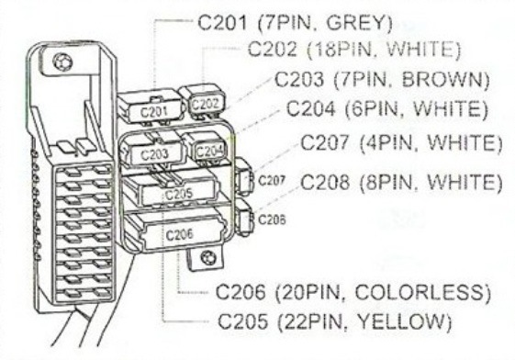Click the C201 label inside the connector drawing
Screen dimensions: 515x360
click(153, 112)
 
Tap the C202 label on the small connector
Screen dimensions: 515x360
click(206, 104)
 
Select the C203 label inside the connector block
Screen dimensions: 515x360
click(154, 153)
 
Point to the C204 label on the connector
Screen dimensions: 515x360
click(210, 152)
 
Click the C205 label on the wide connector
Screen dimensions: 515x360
click(179, 194)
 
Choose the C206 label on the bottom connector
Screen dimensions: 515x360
click(179, 234)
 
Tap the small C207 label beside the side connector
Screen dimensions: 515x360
click(272, 180)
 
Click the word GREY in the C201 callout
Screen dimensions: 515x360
click(359, 23)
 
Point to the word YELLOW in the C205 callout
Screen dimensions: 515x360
click(405, 321)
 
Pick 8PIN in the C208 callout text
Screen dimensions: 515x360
click(386, 182)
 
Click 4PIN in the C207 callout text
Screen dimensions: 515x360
click(386, 143)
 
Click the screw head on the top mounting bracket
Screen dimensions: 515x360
click(62, 62)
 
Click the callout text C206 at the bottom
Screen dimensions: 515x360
click(241, 292)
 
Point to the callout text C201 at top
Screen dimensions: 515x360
click(222, 23)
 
